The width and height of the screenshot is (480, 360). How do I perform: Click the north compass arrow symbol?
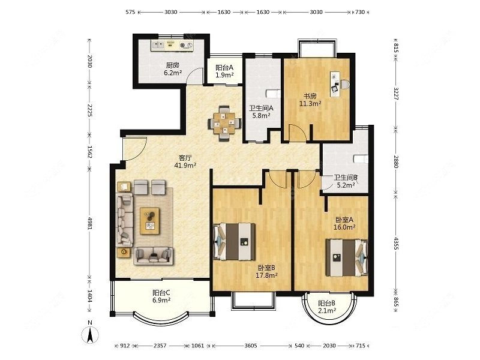89,335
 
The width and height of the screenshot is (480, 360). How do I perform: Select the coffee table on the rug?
149,221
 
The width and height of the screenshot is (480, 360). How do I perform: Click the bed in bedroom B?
235,242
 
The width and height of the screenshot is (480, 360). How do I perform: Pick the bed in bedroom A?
347,258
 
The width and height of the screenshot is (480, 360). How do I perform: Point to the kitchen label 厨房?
173,65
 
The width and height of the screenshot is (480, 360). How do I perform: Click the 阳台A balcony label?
224,67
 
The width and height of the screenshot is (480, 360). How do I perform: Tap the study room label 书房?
310,96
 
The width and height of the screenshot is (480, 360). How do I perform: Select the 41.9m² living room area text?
185,166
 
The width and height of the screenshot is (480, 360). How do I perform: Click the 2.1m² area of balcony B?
327,311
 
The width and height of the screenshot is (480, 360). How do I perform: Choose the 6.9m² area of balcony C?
161,300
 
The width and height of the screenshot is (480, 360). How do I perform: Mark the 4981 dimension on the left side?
89,223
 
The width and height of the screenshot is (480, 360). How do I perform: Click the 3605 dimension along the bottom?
251,346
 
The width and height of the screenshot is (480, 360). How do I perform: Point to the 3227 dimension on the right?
396,94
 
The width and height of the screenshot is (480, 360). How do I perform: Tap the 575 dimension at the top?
130,12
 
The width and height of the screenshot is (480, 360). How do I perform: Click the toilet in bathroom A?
272,94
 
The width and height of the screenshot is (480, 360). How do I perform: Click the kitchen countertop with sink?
172,46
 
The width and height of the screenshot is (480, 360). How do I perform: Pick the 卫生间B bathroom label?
346,177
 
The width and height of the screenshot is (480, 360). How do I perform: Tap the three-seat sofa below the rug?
154,256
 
